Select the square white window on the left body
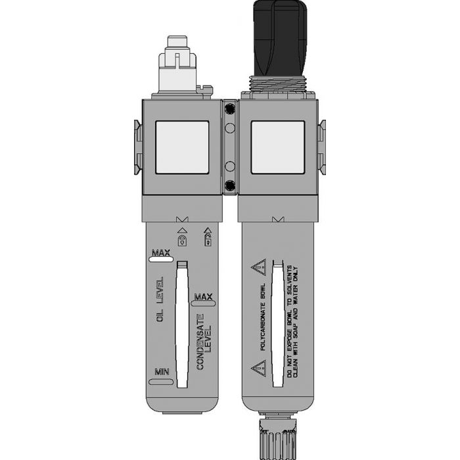182,147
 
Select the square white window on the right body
277,147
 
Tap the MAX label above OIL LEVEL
160,253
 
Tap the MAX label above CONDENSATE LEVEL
205,296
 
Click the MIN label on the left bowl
161,373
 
